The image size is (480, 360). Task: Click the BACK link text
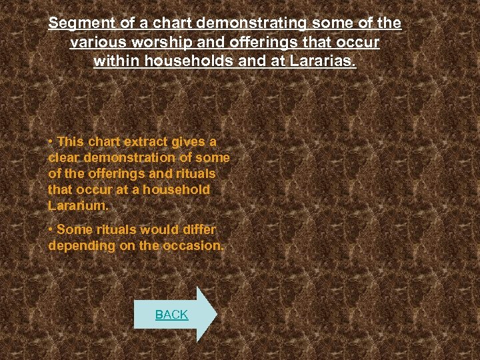pyautogui.click(x=171, y=315)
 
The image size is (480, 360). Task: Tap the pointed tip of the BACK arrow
pyautogui.click(x=217, y=314)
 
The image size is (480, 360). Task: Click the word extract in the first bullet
pyautogui.click(x=146, y=142)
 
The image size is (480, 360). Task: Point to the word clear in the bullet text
pyautogui.click(x=63, y=158)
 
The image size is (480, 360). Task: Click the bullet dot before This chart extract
pyautogui.click(x=51, y=142)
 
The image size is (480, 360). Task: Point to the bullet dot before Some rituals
pyautogui.click(x=51, y=229)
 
